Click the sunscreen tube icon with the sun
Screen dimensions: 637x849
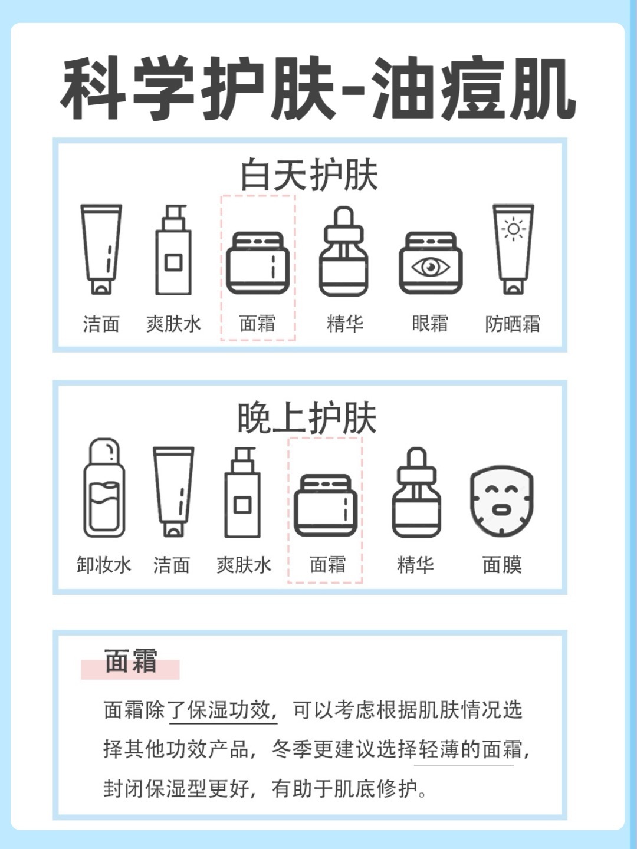coord(513,249)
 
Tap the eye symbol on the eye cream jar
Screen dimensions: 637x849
coord(431,267)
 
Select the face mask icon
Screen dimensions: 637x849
coord(501,501)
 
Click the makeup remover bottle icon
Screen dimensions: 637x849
coord(104,488)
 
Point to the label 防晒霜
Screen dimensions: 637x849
coord(513,324)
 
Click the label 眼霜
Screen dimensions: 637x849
coord(430,323)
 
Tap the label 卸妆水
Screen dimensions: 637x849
coord(104,565)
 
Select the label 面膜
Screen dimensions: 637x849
coord(502,565)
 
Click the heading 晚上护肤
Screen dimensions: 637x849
coord(307,418)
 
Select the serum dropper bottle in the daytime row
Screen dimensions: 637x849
coord(343,251)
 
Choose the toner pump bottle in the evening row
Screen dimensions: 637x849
coord(242,492)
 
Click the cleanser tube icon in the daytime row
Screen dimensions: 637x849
coord(101,249)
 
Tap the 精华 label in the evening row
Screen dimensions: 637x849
coord(415,565)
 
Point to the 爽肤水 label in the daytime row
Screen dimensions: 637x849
coord(173,324)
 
